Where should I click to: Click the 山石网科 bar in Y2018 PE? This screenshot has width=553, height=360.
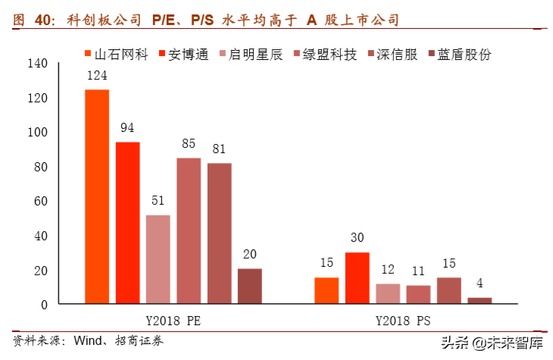pos(96,197)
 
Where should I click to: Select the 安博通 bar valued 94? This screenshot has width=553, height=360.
pos(127,223)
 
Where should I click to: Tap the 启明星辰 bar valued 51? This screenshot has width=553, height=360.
pos(158,259)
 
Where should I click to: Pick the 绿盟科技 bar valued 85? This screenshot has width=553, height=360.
pos(189,230)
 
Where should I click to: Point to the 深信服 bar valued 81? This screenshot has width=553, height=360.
pos(219,233)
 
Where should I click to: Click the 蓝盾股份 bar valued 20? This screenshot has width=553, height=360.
pos(249,286)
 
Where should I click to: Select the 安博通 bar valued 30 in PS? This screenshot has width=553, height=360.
pos(357,278)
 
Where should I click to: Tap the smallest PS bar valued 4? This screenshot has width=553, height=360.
pos(479,301)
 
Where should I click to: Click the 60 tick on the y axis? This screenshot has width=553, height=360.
pos(39,201)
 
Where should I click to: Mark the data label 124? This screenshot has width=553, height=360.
pos(96,76)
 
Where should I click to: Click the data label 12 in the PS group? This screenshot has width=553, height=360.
pos(387,270)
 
